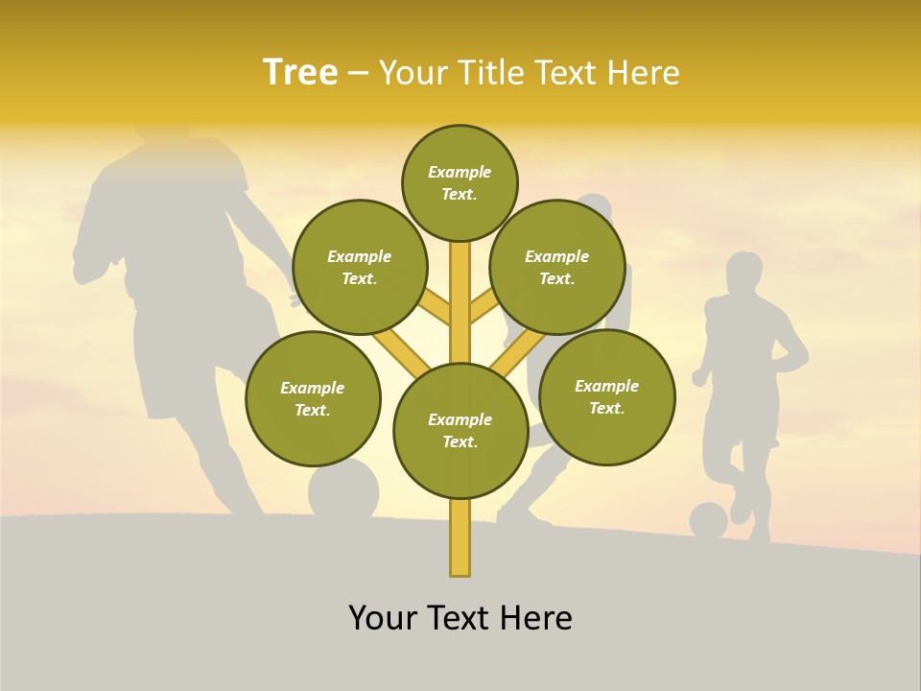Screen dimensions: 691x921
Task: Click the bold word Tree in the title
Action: coord(300,72)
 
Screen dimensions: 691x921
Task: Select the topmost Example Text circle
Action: coord(460,182)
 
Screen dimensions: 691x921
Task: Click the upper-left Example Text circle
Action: coord(359,267)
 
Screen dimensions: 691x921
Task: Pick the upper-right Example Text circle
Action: coord(557,267)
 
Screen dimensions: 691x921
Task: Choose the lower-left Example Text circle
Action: coord(313,398)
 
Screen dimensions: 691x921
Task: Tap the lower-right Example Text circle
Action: coord(607,396)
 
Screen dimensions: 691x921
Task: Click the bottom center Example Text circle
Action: coord(460,431)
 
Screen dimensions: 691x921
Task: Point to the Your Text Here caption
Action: coord(460,618)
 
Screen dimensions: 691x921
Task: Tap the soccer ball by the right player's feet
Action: coord(708,520)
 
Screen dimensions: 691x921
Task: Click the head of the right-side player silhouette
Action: coord(744,273)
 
